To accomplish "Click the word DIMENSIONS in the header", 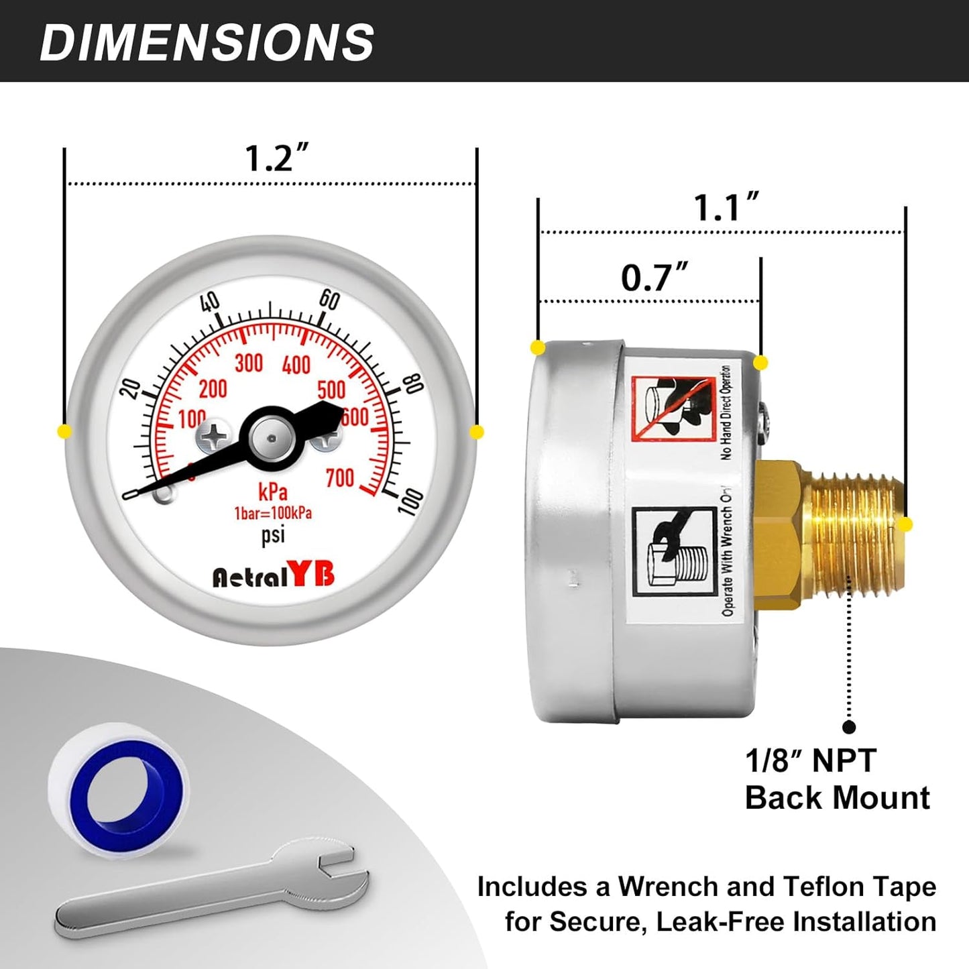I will (207, 42).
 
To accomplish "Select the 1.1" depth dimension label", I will (726, 207).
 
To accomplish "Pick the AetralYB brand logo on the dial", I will (273, 575).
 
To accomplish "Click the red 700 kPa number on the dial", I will (340, 478).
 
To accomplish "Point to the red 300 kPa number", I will (248, 363).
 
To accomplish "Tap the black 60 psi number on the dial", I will (329, 299).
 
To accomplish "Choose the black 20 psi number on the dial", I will (132, 389).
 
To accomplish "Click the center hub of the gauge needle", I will (271, 439).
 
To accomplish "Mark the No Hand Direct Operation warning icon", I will (673, 408).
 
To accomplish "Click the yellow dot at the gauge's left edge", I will (64, 431).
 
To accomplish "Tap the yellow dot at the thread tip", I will (906, 524).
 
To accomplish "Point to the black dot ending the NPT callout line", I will (849, 727).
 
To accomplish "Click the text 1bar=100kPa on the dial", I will (273, 514).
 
